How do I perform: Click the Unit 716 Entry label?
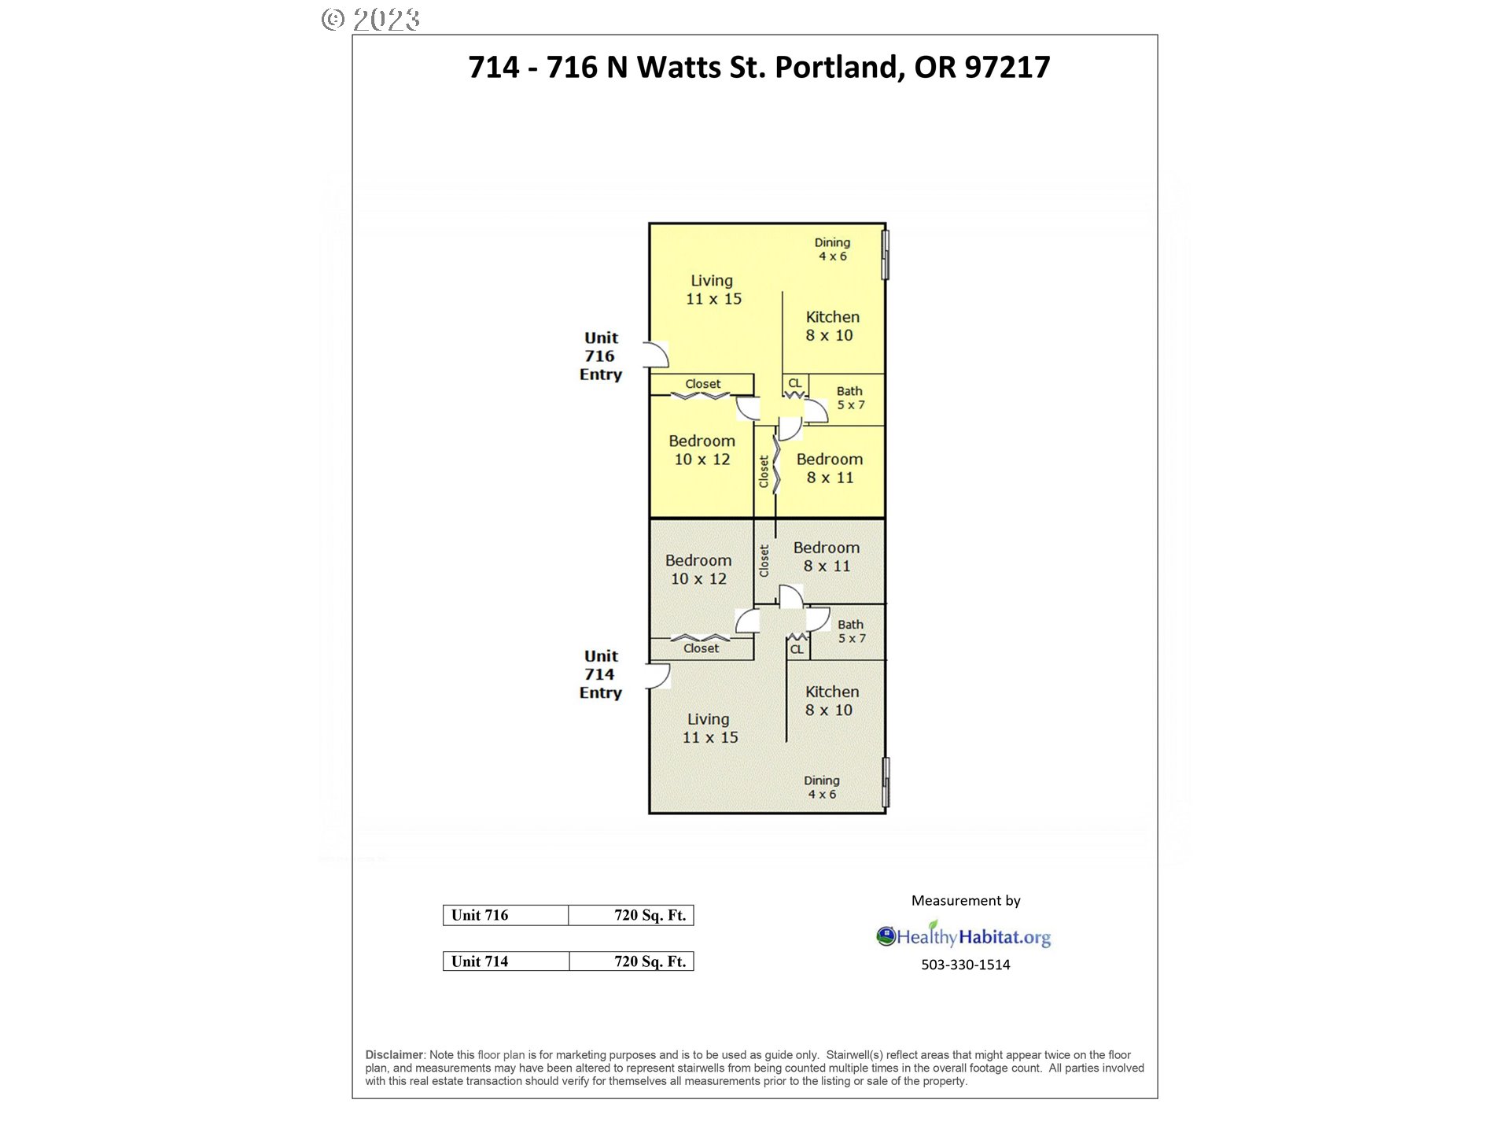tap(601, 356)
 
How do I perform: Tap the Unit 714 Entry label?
tap(601, 674)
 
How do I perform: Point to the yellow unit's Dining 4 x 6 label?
tap(832, 249)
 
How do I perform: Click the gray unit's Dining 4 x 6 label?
tap(822, 787)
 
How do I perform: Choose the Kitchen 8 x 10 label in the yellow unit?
tap(832, 327)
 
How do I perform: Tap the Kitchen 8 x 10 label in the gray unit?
tap(831, 701)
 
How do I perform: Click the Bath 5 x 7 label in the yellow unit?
tap(850, 398)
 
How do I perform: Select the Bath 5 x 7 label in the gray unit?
tap(851, 632)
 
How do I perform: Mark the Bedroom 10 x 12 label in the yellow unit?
tap(702, 450)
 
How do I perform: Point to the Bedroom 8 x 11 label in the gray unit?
tap(827, 557)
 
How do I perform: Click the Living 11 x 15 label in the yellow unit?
tap(713, 290)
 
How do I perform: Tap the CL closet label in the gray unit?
tap(797, 649)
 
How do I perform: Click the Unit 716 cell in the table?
tap(506, 915)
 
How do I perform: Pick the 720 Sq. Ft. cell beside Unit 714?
tap(632, 961)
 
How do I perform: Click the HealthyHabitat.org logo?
tap(963, 935)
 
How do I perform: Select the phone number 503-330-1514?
tap(966, 965)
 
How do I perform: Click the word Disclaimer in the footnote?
tap(395, 1055)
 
